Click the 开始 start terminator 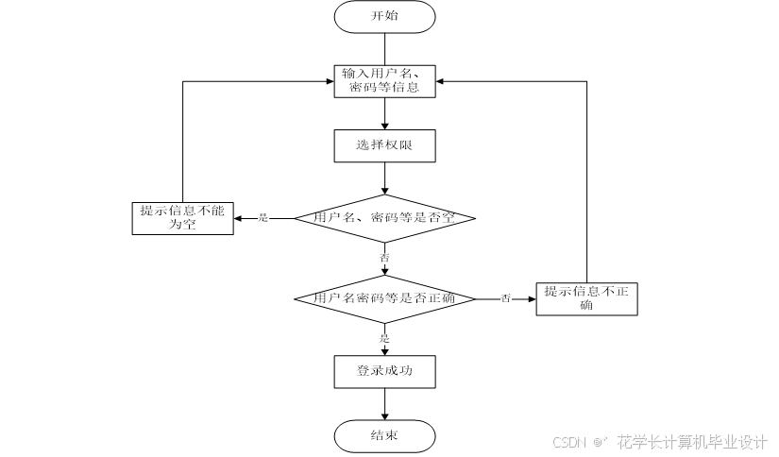pyautogui.click(x=384, y=16)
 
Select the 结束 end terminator pyautogui.click(x=384, y=435)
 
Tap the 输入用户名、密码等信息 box pyautogui.click(x=385, y=80)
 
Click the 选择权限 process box pyautogui.click(x=384, y=145)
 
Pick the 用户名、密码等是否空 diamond pyautogui.click(x=384, y=218)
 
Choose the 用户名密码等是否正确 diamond pyautogui.click(x=384, y=298)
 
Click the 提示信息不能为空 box pyautogui.click(x=182, y=217)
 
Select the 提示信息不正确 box pyautogui.click(x=586, y=298)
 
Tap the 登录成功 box pyautogui.click(x=384, y=371)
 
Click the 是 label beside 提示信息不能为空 pyautogui.click(x=263, y=218)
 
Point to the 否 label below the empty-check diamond pyautogui.click(x=384, y=258)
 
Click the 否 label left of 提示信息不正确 pyautogui.click(x=505, y=298)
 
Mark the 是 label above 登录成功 pyautogui.click(x=384, y=337)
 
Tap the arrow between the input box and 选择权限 pyautogui.click(x=384, y=113)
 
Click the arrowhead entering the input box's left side pyautogui.click(x=328, y=81)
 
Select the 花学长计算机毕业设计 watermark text pyautogui.click(x=692, y=442)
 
